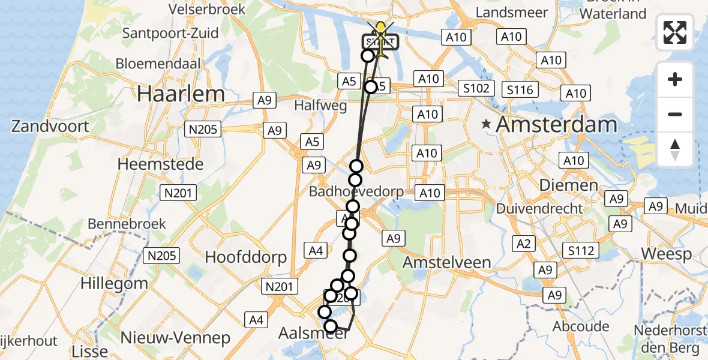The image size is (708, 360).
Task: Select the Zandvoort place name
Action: pos(50,127)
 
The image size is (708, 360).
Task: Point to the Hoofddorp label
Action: pos(246,257)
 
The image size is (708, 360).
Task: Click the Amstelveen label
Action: pos(447,262)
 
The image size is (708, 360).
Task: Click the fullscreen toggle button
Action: pos(675,32)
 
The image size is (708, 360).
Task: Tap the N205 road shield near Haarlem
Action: pos(204,129)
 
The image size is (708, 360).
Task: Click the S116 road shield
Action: pos(520,90)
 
